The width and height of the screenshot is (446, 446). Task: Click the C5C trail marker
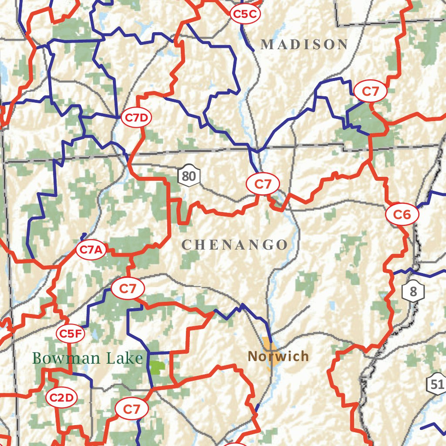(245, 14)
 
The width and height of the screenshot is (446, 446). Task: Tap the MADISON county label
(304, 44)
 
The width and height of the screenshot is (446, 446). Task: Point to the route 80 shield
(189, 176)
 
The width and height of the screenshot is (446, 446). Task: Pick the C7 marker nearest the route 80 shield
(263, 184)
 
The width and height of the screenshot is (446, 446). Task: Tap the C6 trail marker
(402, 214)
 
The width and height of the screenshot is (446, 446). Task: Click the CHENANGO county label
(235, 245)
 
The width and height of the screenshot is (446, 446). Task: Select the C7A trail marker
(91, 250)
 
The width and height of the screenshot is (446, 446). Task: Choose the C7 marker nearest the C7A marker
(128, 288)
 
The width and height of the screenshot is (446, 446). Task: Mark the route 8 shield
(413, 292)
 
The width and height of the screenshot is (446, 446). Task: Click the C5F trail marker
(70, 334)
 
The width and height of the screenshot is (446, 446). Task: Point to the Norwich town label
(278, 357)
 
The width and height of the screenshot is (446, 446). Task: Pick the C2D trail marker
(61, 398)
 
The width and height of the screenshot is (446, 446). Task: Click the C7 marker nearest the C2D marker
(132, 409)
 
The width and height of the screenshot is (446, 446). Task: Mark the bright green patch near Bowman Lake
(157, 367)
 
